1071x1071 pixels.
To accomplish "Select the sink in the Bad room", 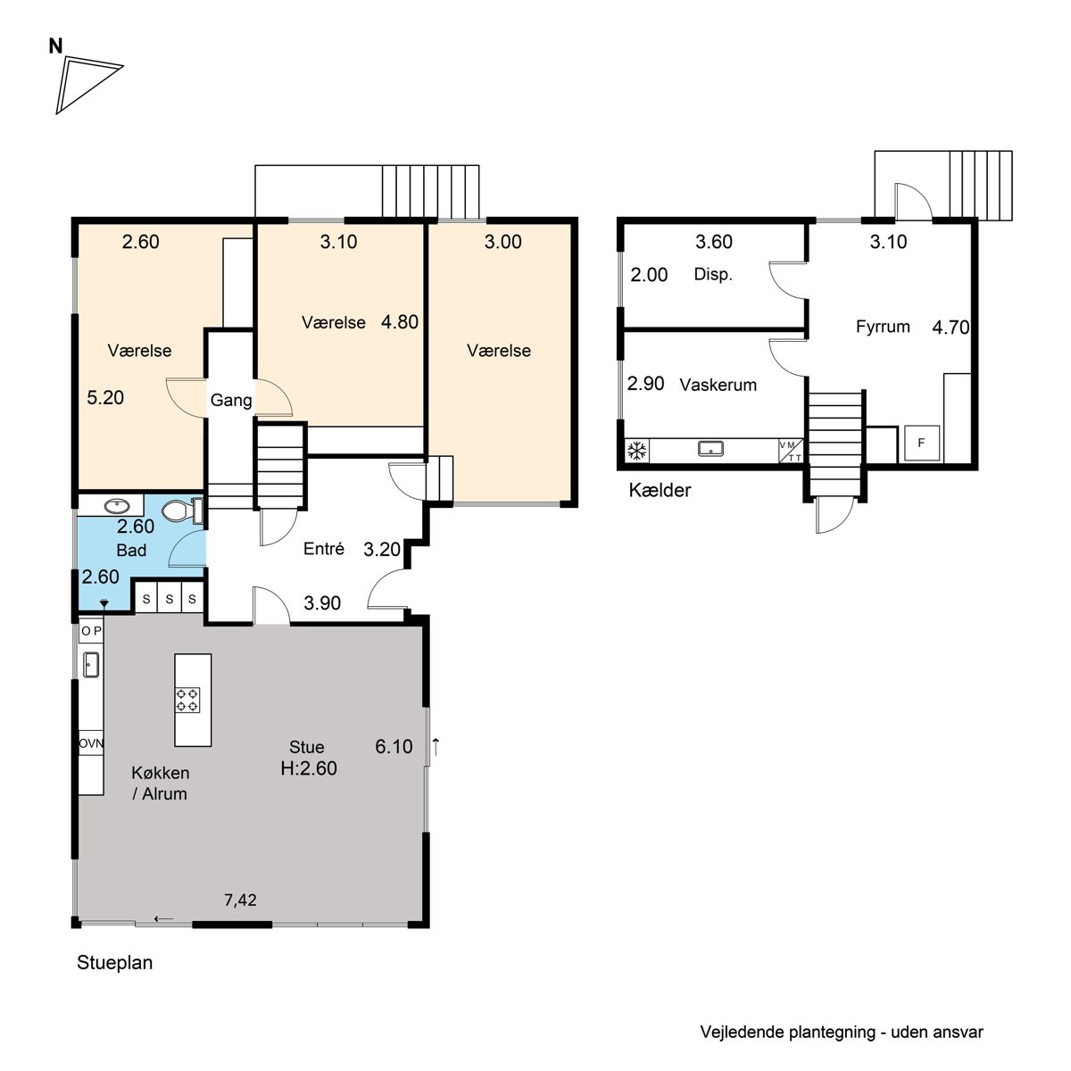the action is pos(117,506).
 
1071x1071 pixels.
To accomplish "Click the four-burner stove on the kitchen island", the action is pos(187,699).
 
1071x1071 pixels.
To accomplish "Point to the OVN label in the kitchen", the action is pos(91,743).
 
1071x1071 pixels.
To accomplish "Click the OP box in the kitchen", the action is pos(91,631).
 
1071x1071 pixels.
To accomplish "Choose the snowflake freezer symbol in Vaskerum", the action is pos(636,450).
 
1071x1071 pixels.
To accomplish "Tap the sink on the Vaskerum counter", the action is pos(710,448).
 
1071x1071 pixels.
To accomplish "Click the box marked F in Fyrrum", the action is pos(921,443).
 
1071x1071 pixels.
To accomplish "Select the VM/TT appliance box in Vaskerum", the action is pos(791,451).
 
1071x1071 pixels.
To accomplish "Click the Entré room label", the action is pos(323,549).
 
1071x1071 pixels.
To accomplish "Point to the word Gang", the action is pos(230,400).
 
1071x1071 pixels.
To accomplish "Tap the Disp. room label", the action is pos(713,275).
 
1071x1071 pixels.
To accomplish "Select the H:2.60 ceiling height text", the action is pos(309,768).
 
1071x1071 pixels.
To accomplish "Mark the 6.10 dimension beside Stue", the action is pos(394,746).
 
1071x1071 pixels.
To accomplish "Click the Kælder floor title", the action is pos(660,490).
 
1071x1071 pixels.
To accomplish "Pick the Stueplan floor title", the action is pos(114,963).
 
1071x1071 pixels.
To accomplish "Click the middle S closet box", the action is pos(170,598).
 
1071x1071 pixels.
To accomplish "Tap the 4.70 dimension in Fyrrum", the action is pos(951,328).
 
